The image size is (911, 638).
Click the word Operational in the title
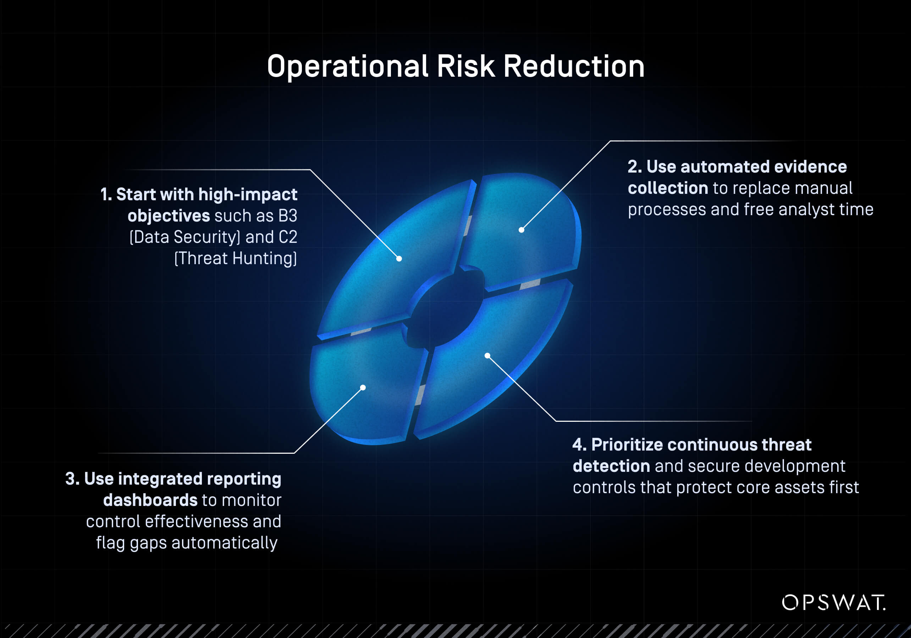[348, 67]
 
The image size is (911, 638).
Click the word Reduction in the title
[574, 66]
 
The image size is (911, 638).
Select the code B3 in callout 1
[288, 216]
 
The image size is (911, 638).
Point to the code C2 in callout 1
[288, 237]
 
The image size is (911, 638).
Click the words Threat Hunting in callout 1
[236, 258]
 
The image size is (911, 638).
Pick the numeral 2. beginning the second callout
[634, 167]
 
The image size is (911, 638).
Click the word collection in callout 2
[668, 188]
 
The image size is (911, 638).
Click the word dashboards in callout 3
[150, 500]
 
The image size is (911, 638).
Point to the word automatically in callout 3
[224, 543]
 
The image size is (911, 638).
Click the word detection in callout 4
[611, 466]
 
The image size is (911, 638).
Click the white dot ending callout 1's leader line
[399, 259]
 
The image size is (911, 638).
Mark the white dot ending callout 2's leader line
[521, 230]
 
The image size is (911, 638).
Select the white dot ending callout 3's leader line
[363, 387]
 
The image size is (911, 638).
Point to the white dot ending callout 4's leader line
[487, 356]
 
